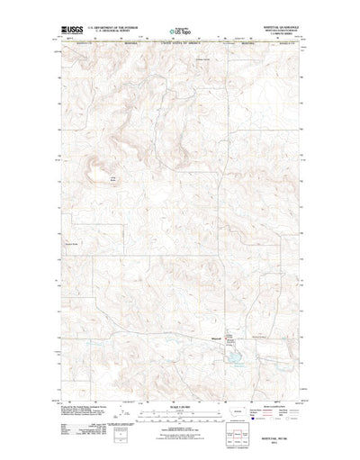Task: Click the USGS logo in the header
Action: (70, 30)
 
